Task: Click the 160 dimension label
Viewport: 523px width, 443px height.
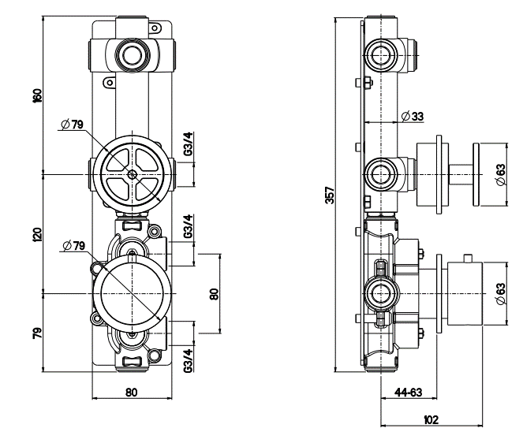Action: click(38, 95)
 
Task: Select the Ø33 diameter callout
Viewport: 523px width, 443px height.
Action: click(412, 116)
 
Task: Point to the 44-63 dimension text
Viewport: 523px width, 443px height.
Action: click(408, 390)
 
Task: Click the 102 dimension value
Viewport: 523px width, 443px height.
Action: click(429, 420)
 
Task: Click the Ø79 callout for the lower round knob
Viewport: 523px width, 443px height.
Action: click(73, 245)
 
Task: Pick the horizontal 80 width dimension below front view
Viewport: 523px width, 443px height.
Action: click(131, 392)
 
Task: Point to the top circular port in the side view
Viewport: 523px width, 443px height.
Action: click(383, 54)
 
